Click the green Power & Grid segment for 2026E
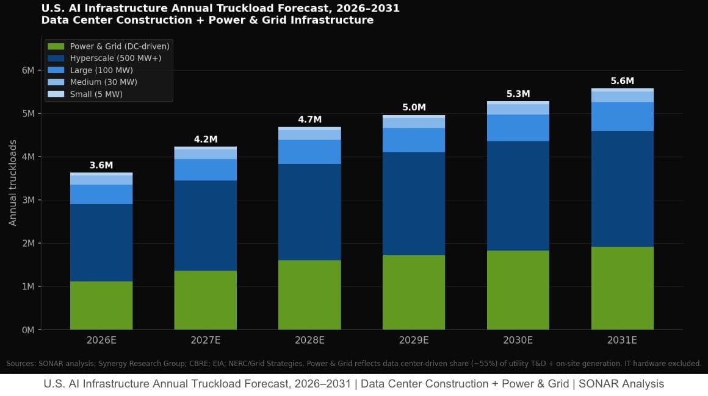101,305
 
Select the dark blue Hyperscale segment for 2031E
622,189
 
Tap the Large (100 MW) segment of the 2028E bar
309,152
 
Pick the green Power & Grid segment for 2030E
518,290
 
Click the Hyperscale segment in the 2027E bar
205,225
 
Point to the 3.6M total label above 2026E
101,165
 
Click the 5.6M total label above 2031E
622,81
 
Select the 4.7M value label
309,119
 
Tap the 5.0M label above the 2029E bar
414,108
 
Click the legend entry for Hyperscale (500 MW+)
115,58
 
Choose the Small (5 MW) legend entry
96,94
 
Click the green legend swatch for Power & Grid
56,46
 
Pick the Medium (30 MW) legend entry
103,82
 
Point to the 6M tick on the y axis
28,70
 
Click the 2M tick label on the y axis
28,243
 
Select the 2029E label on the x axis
414,340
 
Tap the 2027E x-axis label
205,340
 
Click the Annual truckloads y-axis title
13,183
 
